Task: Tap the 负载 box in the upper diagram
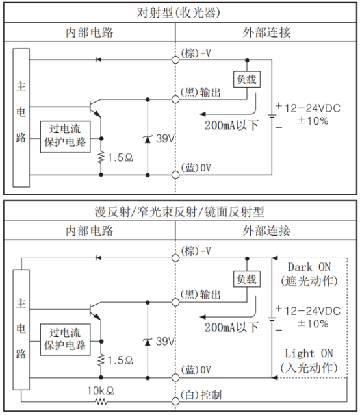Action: coord(247,79)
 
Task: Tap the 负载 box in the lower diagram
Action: coord(247,279)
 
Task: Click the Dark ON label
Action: coord(309,267)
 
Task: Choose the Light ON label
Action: coord(309,354)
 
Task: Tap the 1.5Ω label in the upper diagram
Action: coord(120,158)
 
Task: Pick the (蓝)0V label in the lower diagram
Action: coord(196,370)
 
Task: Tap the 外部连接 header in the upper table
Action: coord(266,32)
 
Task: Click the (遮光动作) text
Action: coord(309,281)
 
